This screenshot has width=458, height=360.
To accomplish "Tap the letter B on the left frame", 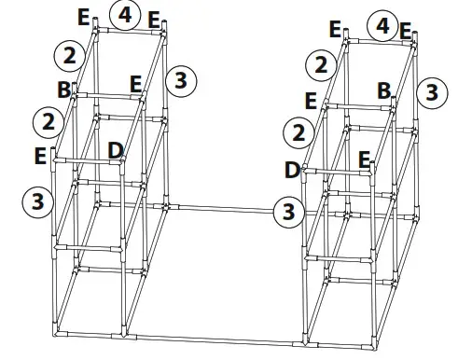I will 63,90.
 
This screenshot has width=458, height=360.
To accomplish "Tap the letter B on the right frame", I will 383,90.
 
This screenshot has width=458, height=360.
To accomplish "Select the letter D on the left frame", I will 115,149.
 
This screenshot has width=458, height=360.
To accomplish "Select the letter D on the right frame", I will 292,170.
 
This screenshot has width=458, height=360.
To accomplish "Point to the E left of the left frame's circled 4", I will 84,17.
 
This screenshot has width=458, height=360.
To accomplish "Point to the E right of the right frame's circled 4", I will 406,31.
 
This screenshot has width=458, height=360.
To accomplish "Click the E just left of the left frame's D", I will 40,155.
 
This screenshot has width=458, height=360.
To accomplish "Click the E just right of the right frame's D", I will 365,158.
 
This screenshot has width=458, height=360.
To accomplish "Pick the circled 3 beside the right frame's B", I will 428,90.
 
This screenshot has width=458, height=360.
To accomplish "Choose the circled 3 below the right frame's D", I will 289,212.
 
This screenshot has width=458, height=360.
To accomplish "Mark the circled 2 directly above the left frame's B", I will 66,54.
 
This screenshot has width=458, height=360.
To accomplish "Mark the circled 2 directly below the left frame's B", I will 46,120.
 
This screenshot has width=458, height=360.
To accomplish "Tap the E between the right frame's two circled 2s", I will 311,100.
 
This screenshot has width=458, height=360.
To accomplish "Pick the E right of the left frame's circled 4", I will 155,20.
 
